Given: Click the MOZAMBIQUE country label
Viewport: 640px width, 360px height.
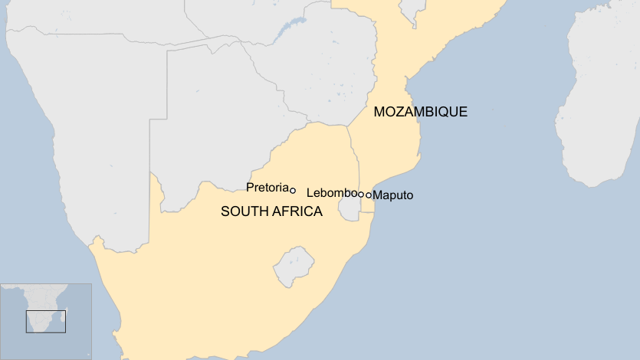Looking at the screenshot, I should tap(420, 112).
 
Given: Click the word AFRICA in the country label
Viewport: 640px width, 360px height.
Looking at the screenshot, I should tap(297, 211).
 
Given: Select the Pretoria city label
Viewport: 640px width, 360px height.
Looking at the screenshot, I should tap(267, 187).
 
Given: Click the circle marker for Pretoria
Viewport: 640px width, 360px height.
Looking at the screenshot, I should tap(293, 190).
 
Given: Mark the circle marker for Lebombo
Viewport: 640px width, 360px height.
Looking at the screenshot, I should tap(360, 195).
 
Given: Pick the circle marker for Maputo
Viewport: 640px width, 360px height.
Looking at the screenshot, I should tap(368, 195).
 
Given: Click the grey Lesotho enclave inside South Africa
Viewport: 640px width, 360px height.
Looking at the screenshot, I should tap(294, 264).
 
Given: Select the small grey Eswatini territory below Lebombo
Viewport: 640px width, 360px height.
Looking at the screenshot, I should tap(350, 208).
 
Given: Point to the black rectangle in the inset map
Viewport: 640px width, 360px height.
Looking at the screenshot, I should tap(46, 321).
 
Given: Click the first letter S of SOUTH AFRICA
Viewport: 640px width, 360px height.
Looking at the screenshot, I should tap(225, 211).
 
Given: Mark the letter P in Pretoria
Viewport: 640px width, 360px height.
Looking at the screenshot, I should tap(250, 187).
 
